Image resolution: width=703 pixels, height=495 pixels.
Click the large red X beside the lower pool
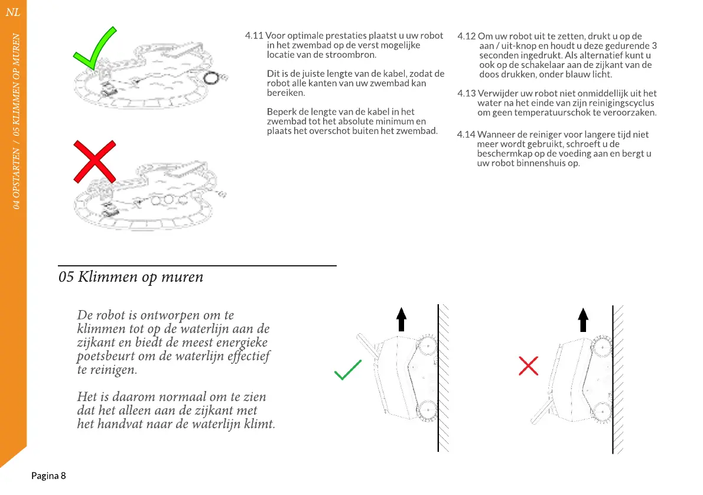click(x=94, y=161)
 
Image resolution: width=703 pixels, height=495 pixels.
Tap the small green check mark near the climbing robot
click(x=347, y=370)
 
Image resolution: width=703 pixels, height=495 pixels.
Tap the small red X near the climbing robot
click(x=528, y=366)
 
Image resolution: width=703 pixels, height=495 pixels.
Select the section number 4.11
click(x=254, y=36)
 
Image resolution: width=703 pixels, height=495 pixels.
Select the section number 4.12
click(x=467, y=37)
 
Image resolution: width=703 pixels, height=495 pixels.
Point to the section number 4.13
click(x=467, y=93)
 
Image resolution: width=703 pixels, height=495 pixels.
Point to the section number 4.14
click(x=467, y=135)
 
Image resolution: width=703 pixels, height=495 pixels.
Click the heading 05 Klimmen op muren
click(x=131, y=276)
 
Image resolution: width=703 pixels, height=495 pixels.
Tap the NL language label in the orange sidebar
click(x=13, y=12)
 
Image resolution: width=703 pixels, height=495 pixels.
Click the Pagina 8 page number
click(x=48, y=476)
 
